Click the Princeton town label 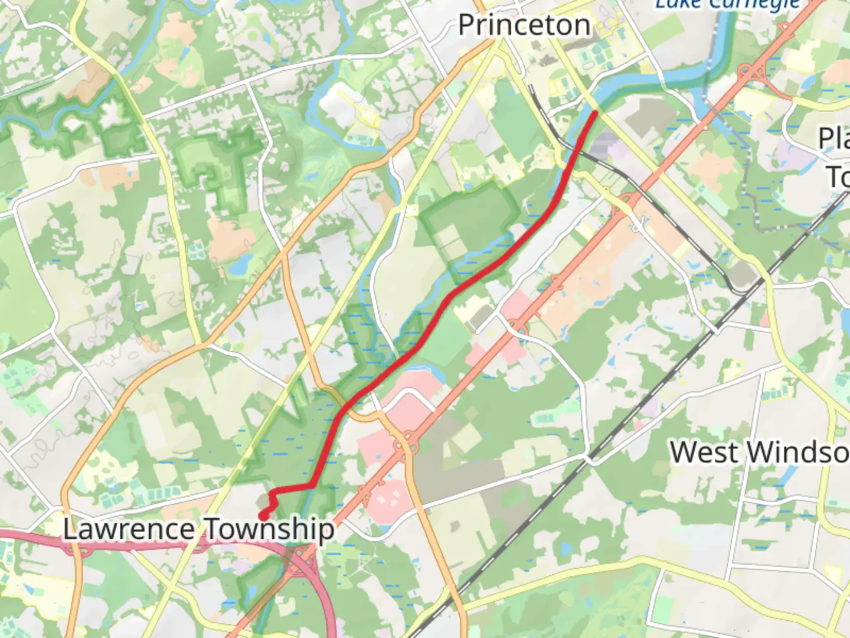524,25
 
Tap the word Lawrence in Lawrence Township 128,529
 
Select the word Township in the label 269,529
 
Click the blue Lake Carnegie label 727,5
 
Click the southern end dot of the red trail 263,517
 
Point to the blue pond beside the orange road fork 239,268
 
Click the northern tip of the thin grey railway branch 531,87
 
